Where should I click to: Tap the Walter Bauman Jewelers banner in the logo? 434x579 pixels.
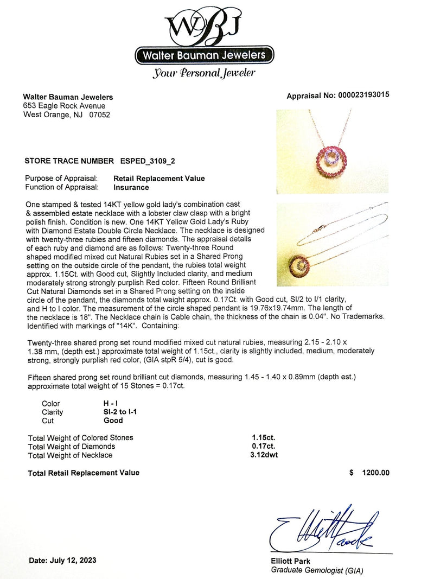[x=203, y=55]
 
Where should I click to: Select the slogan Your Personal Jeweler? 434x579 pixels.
[x=204, y=73]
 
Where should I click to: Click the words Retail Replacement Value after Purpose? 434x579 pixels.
[x=159, y=179]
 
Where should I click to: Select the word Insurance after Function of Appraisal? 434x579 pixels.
[x=131, y=187]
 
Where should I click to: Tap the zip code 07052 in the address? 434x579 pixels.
[x=99, y=114]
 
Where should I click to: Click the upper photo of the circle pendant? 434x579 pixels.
[x=332, y=151]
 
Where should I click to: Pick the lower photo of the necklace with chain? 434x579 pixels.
[x=332, y=244]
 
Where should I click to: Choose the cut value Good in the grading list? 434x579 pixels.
[x=113, y=420]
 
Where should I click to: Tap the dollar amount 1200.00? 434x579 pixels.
[x=375, y=473]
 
